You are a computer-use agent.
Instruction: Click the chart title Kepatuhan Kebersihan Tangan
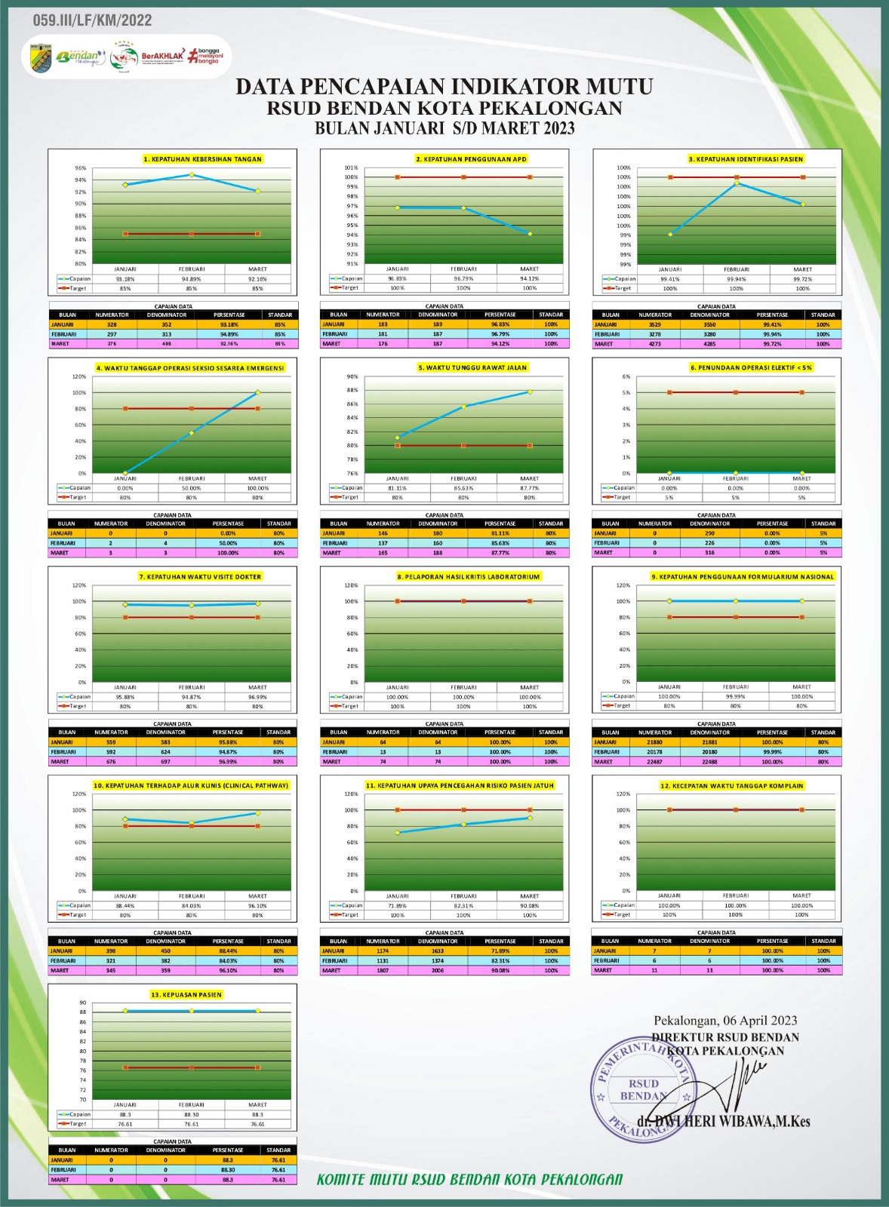tap(202, 159)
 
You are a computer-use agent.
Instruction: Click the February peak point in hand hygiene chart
tap(192, 175)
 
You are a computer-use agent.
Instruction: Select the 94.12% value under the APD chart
tap(530, 278)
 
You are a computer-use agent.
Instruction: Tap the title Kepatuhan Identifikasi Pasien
tap(746, 159)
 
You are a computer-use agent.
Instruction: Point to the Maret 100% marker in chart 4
tap(258, 392)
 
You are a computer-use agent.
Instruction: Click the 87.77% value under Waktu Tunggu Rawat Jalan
tap(530, 488)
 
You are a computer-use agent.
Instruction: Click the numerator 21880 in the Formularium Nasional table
tap(654, 742)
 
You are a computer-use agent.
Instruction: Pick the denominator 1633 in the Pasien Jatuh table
tap(438, 951)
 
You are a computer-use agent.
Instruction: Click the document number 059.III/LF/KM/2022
tap(92, 21)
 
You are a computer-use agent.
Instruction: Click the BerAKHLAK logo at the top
tap(162, 56)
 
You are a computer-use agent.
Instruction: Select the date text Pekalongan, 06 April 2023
tap(724, 1021)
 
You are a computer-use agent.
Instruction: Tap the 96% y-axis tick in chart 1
tap(80, 168)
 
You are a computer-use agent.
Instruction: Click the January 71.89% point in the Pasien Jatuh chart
tap(398, 833)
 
